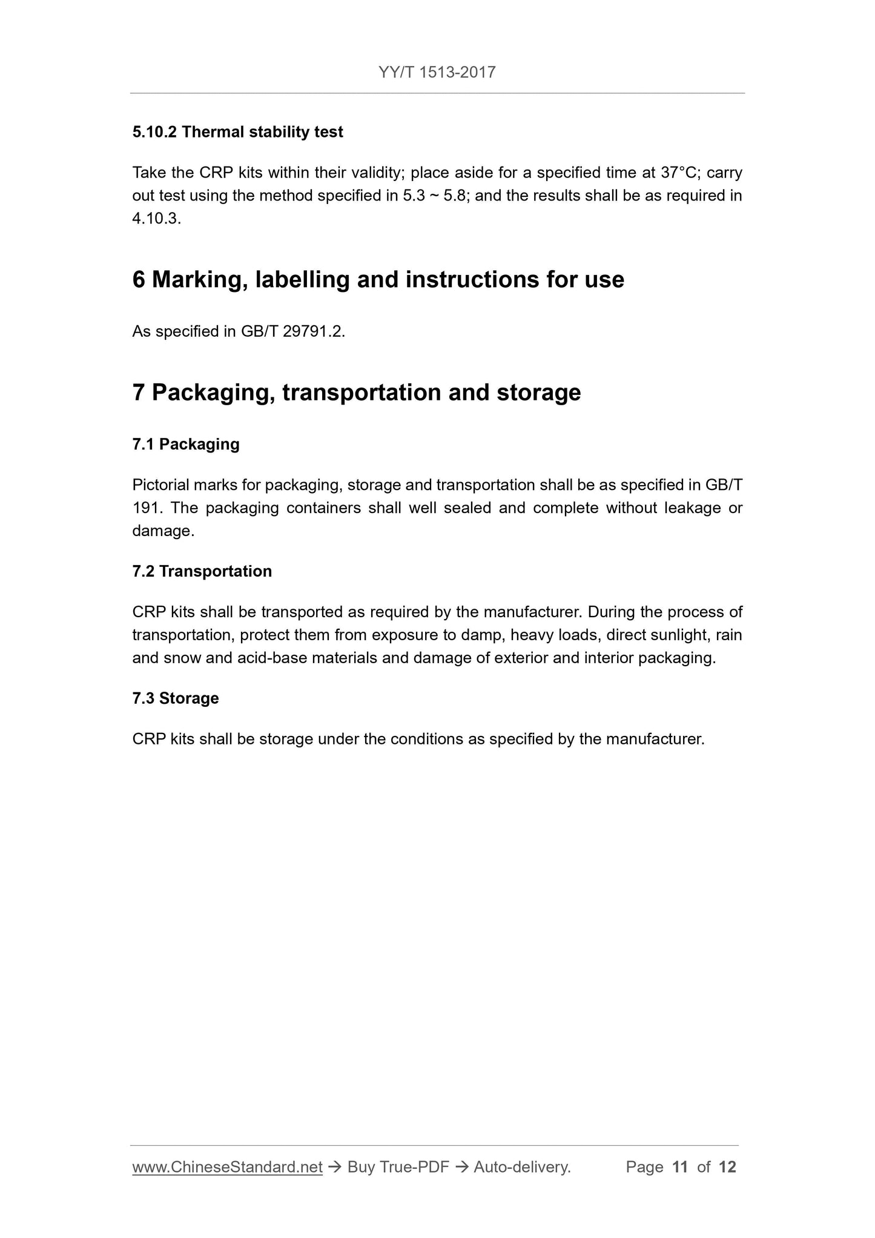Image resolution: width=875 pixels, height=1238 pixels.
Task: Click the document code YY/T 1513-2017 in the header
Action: (437, 73)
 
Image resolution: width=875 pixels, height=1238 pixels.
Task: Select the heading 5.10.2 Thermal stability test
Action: (237, 132)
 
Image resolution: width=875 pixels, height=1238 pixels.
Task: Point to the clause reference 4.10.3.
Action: (156, 219)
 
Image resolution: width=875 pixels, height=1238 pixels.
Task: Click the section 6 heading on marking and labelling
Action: (378, 280)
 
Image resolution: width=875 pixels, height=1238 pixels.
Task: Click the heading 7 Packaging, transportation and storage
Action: (356, 392)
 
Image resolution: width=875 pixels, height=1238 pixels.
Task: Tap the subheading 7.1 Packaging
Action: (186, 445)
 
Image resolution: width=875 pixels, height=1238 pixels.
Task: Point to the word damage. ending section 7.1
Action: (163, 531)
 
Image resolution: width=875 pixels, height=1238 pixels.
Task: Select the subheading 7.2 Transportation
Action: (202, 572)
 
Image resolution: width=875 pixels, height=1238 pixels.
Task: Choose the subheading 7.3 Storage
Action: (175, 699)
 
